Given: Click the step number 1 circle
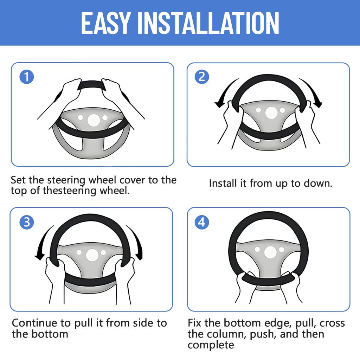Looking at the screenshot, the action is click(27, 77).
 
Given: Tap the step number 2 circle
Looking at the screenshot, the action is click(202, 77).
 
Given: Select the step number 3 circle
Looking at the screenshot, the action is click(27, 222).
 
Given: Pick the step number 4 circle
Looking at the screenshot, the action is click(202, 222).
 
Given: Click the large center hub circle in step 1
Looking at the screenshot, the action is click(94, 120).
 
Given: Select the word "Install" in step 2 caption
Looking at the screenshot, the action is click(223, 184).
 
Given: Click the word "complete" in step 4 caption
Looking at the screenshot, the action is click(211, 345).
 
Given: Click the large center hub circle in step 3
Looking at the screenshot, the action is click(92, 255).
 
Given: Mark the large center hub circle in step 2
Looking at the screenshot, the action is click(272, 113).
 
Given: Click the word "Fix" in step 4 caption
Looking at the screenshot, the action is click(195, 323).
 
